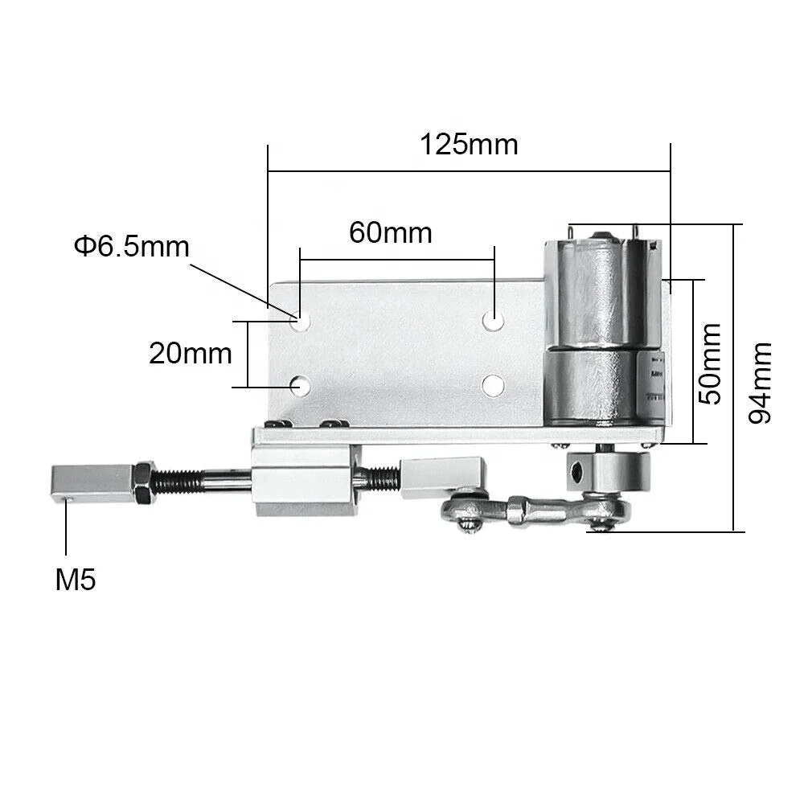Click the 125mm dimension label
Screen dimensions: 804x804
(x=469, y=145)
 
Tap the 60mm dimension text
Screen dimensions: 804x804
(x=391, y=233)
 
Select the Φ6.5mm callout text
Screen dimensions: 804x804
(x=132, y=246)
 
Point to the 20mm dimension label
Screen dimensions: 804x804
(x=191, y=354)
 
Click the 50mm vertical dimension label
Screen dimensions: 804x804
(x=711, y=363)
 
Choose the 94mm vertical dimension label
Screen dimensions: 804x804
(x=760, y=383)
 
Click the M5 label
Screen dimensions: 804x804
(x=76, y=580)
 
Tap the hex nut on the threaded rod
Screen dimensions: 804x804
(x=146, y=482)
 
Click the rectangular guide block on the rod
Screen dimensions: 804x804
(x=303, y=481)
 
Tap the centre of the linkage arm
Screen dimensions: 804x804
(x=532, y=511)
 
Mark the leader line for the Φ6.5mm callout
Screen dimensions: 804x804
(x=229, y=283)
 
